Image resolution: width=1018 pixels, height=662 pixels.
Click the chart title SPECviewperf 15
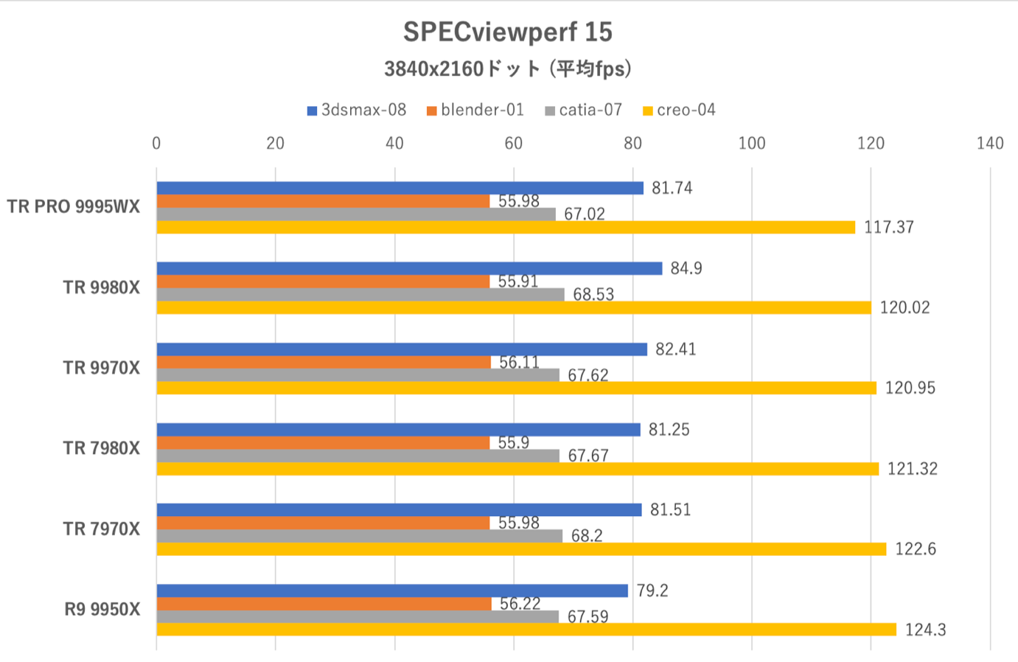tap(507, 32)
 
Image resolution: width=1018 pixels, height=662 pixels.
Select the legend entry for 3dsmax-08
tap(357, 111)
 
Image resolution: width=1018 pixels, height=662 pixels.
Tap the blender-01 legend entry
tap(475, 111)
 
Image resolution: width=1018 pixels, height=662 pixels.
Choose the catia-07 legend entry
tap(584, 111)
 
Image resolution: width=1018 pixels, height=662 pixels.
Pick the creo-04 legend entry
tap(679, 111)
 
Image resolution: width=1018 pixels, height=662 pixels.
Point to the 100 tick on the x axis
tap(751, 143)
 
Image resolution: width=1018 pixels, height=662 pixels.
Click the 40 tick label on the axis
tap(394, 143)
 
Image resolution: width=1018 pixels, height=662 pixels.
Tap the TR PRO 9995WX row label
tap(73, 207)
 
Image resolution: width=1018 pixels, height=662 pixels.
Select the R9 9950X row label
tap(102, 610)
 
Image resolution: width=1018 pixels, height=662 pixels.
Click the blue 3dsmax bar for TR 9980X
tap(409, 268)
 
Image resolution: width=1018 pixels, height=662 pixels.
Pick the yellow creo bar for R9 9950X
tap(526, 630)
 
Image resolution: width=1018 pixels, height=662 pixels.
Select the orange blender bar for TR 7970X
tap(323, 523)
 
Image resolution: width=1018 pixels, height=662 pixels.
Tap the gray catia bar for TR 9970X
tap(358, 375)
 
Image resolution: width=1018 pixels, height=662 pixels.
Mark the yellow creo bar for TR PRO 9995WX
tap(506, 227)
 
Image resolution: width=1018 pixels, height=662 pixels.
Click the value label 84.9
tap(686, 268)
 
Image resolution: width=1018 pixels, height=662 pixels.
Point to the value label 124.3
tap(925, 630)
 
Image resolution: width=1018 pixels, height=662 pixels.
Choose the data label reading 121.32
tap(912, 469)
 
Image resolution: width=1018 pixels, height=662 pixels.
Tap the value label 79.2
tap(652, 591)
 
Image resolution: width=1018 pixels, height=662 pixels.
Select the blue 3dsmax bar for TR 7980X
tap(398, 430)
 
